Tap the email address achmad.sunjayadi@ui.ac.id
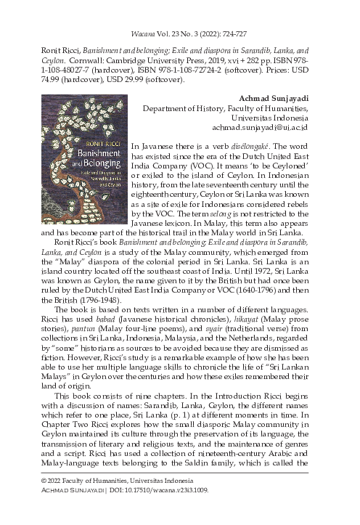tap(260, 127)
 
